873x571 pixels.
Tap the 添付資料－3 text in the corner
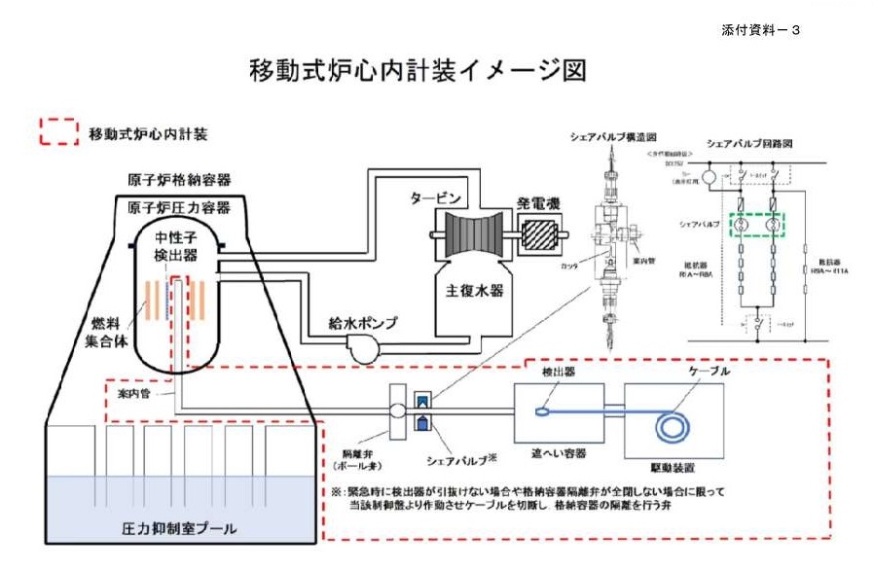click(x=762, y=30)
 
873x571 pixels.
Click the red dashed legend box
click(x=58, y=132)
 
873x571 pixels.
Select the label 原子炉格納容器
click(x=179, y=181)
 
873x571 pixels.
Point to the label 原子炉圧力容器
click(x=179, y=207)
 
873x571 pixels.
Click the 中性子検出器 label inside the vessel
click(x=177, y=245)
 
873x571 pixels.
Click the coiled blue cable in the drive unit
click(x=669, y=424)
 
